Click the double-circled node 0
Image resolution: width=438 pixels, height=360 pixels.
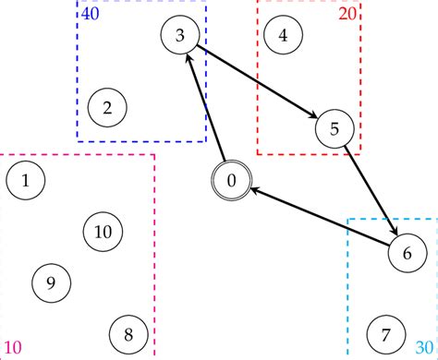(232, 180)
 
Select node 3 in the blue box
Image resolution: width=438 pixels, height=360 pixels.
(179, 35)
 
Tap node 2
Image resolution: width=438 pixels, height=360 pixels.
(107, 108)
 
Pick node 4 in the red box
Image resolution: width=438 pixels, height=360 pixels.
(283, 35)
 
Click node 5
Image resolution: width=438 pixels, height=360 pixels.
(335, 128)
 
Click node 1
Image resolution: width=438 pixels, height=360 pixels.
(26, 180)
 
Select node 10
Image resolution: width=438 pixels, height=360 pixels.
(103, 231)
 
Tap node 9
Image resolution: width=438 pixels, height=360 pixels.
(51, 282)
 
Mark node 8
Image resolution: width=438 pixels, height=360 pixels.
(128, 333)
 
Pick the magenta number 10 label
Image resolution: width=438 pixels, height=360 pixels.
(13, 349)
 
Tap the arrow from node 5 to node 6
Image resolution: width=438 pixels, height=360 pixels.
(371, 190)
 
